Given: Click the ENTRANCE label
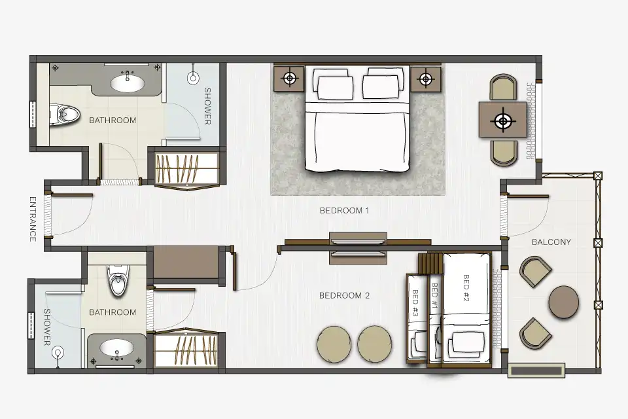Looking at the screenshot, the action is [33, 219].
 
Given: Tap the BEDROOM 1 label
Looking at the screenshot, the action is [344, 211].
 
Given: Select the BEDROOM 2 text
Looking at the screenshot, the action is [344, 295].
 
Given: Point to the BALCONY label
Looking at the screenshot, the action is [551, 242].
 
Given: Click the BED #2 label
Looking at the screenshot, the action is [466, 287].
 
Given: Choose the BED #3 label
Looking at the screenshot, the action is [415, 302].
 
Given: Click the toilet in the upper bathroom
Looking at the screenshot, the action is [65, 115].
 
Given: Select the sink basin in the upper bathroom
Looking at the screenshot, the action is [128, 83].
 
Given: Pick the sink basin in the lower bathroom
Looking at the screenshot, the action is [116, 348].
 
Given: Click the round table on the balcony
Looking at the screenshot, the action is [563, 302].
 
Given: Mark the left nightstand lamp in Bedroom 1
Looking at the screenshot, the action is [290, 78].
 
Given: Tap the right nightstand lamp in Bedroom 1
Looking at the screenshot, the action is [426, 79].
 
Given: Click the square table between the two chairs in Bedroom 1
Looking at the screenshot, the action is [502, 120].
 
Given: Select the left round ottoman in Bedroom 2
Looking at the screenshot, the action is [334, 344].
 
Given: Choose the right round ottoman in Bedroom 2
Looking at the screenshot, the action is [374, 344].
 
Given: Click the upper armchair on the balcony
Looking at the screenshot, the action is [536, 272].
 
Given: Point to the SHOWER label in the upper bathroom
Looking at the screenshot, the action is [207, 106].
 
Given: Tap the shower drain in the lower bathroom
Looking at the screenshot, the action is [58, 353].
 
